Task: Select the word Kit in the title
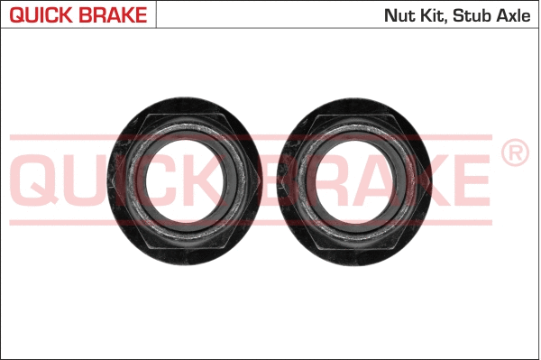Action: point(432,15)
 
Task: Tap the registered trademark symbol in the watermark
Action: point(514,153)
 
